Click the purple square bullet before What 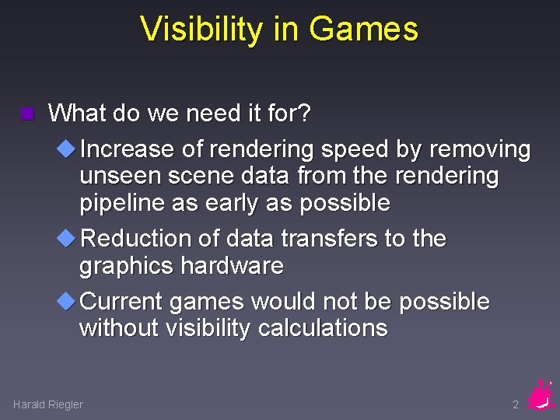pyautogui.click(x=28, y=114)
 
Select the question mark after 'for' pyautogui.click(x=304, y=114)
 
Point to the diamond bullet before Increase pyautogui.click(x=68, y=148)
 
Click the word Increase pyautogui.click(x=128, y=149)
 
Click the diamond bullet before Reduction pyautogui.click(x=68, y=238)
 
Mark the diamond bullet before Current pyautogui.click(x=68, y=301)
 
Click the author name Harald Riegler pyautogui.click(x=48, y=404)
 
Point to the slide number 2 pyautogui.click(x=515, y=404)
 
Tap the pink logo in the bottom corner pyautogui.click(x=540, y=395)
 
